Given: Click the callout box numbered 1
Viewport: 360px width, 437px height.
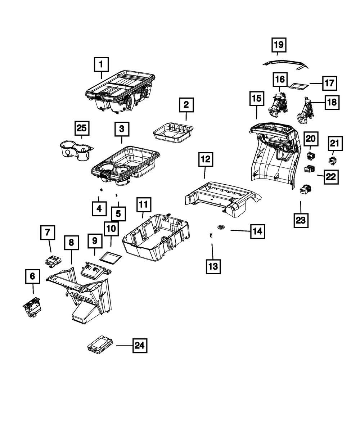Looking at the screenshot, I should coord(101,65).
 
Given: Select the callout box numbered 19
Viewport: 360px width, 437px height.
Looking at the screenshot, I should coord(279,45).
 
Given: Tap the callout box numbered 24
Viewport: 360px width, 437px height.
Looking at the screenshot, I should coord(139,346).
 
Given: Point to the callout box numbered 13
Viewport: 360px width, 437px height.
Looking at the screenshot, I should coord(213,266).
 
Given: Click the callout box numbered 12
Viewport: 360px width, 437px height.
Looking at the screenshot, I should coord(206,159).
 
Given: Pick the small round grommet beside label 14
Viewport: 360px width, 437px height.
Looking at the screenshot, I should coord(221,227).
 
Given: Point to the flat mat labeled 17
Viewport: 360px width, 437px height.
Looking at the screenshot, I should coord(299,86).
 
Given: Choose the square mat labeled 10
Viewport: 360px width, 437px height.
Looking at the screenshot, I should coord(111,257).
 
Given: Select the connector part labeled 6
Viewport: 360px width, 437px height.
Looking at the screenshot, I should coord(32,308).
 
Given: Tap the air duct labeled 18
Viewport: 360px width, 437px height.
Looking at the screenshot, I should coord(304,109).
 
